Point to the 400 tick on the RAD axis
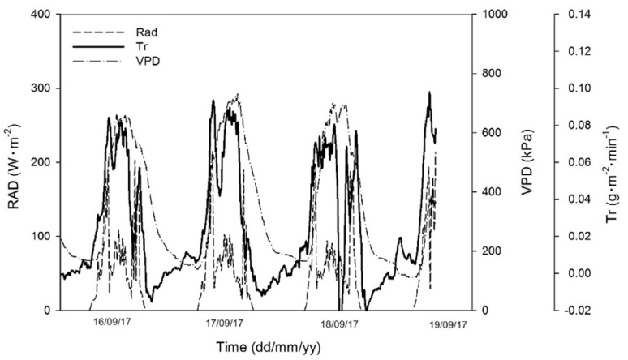tap(39, 15)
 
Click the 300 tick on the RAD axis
tap(39, 88)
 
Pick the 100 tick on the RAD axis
tap(39, 236)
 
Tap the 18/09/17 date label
tap(337, 323)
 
